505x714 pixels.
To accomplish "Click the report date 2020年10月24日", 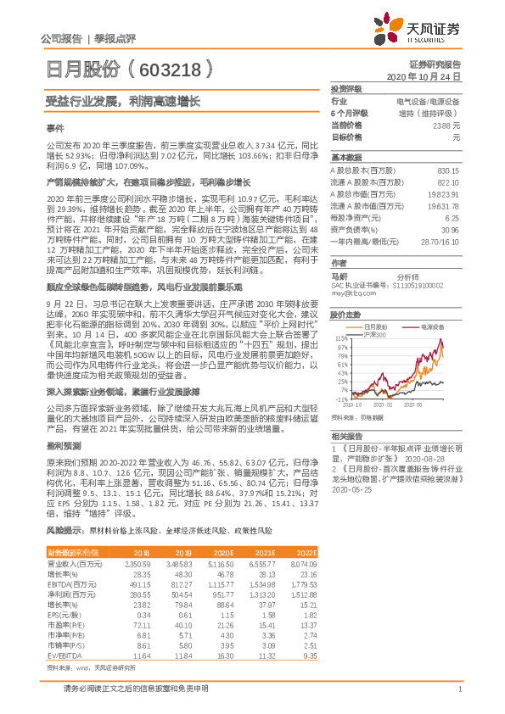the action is click(x=435, y=76).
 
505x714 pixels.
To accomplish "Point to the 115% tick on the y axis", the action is click(x=340, y=338).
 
